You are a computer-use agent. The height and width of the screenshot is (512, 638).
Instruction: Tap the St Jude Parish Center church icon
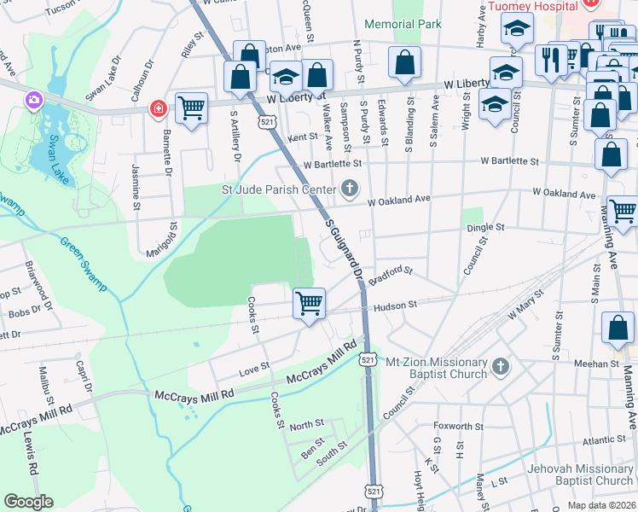click(x=349, y=188)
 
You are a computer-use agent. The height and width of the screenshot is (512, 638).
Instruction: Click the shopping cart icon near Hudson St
click(x=309, y=302)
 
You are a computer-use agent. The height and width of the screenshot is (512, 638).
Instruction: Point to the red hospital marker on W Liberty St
click(x=157, y=108)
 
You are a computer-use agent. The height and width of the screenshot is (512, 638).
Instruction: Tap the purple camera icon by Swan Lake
click(x=34, y=101)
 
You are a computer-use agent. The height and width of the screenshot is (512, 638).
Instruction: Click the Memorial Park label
click(x=403, y=24)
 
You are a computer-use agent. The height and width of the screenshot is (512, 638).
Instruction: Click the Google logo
click(x=28, y=502)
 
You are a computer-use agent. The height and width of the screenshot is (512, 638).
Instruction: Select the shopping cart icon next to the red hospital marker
click(x=191, y=108)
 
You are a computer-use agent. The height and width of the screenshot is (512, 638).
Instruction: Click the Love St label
click(x=253, y=368)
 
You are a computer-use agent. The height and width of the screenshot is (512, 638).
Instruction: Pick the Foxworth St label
click(x=458, y=427)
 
